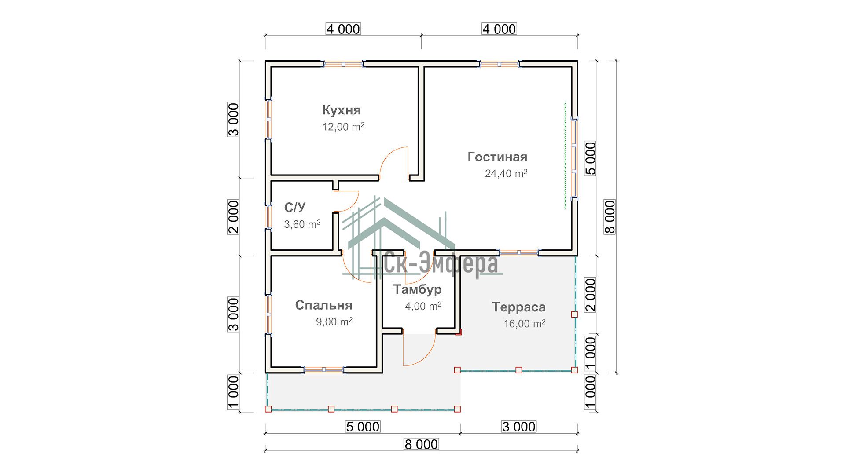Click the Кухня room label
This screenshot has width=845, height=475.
(x=341, y=110)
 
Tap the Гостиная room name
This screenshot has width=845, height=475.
(x=497, y=157)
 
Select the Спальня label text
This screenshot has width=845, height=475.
(x=323, y=305)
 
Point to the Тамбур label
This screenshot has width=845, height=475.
(x=417, y=290)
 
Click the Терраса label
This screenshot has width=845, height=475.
(x=518, y=307)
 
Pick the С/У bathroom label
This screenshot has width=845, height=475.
(x=295, y=208)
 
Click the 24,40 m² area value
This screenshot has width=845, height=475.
(x=506, y=174)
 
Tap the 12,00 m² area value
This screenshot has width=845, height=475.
(x=343, y=127)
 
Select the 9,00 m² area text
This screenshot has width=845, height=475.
(x=334, y=322)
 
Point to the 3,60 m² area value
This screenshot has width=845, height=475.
(x=302, y=224)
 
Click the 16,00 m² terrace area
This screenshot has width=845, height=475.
(x=525, y=324)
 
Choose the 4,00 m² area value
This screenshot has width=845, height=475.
(x=423, y=306)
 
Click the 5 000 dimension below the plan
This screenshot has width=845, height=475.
(x=362, y=427)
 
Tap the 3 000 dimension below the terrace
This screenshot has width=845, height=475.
(x=519, y=427)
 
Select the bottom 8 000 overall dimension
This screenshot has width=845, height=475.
(x=421, y=445)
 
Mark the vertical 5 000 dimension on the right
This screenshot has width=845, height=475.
(x=591, y=158)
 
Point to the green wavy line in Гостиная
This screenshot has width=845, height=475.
(x=565, y=155)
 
